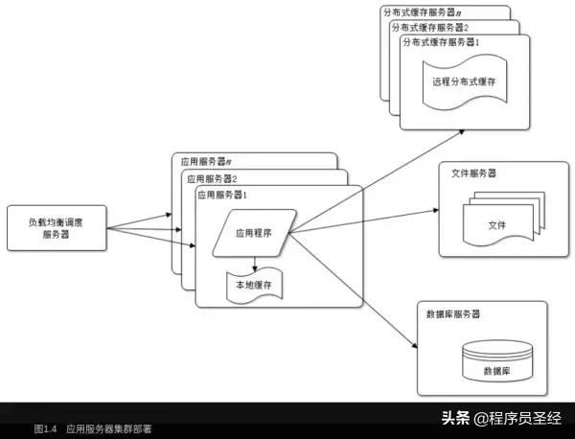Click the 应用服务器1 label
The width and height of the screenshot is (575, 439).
pos(222,195)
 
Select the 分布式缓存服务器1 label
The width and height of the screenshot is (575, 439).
pos(441,43)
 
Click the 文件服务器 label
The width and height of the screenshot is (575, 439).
pos(474,174)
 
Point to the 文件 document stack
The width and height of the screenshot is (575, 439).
pos(496,221)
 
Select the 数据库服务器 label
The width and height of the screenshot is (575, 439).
pos(453,313)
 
